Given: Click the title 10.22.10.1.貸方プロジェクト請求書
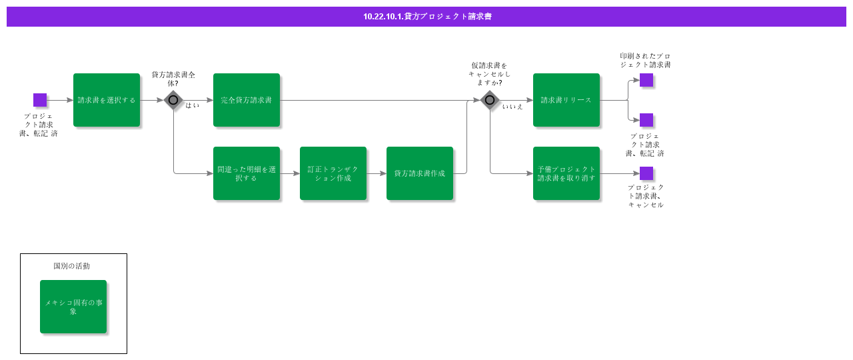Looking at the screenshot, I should (x=427, y=17).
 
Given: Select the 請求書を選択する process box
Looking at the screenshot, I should (x=107, y=100).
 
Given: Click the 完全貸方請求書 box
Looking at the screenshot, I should (x=247, y=100).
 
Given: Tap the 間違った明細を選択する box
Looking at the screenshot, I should (x=247, y=173).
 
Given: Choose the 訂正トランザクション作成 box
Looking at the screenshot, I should (x=333, y=173).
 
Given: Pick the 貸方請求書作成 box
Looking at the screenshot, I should (x=420, y=173).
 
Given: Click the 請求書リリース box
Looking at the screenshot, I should (x=566, y=100).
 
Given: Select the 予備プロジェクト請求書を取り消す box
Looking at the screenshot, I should (x=566, y=173).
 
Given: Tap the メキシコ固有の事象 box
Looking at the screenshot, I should (x=73, y=307).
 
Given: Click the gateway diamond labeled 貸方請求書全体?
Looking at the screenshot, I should (x=173, y=100).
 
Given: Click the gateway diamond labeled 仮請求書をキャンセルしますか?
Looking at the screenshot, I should (x=490, y=100).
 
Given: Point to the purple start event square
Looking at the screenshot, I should (x=40, y=100).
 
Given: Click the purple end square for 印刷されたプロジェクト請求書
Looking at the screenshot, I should (x=646, y=80).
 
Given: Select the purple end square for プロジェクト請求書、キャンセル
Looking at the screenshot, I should (x=646, y=173).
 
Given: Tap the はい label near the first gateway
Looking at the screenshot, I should (x=192, y=105).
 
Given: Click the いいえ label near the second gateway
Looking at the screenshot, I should (x=512, y=107).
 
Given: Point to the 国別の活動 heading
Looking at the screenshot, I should (x=72, y=266).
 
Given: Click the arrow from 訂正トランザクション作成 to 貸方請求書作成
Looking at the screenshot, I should (x=377, y=173).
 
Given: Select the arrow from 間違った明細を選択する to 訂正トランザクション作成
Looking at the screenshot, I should (x=290, y=173).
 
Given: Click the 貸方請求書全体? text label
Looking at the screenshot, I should (x=173, y=79).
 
